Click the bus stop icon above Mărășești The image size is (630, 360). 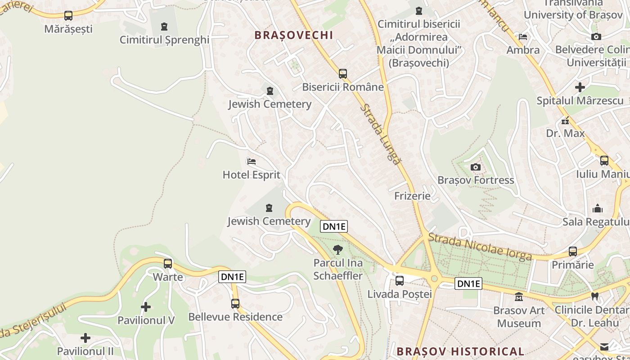(x=68, y=16)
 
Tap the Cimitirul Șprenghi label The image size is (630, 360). (x=164, y=40)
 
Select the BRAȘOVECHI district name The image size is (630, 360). (x=293, y=35)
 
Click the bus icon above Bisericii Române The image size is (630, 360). (x=343, y=74)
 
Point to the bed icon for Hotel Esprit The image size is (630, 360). (x=252, y=161)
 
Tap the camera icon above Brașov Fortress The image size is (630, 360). (x=476, y=167)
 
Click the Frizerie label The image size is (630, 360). (x=412, y=196)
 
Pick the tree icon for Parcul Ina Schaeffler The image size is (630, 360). (x=337, y=250)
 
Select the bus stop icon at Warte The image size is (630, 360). (x=168, y=264)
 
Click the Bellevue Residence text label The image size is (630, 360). (x=235, y=317)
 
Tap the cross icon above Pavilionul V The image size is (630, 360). (x=146, y=307)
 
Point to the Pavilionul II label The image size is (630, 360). (x=85, y=351)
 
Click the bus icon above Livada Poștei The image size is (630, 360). (x=400, y=281)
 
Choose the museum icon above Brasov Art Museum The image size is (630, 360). (x=519, y=297)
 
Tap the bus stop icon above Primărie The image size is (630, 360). (x=573, y=252)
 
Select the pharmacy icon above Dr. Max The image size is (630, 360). (x=565, y=121)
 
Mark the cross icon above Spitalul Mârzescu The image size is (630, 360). (x=580, y=87)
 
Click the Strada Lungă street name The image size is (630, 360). (x=380, y=134)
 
